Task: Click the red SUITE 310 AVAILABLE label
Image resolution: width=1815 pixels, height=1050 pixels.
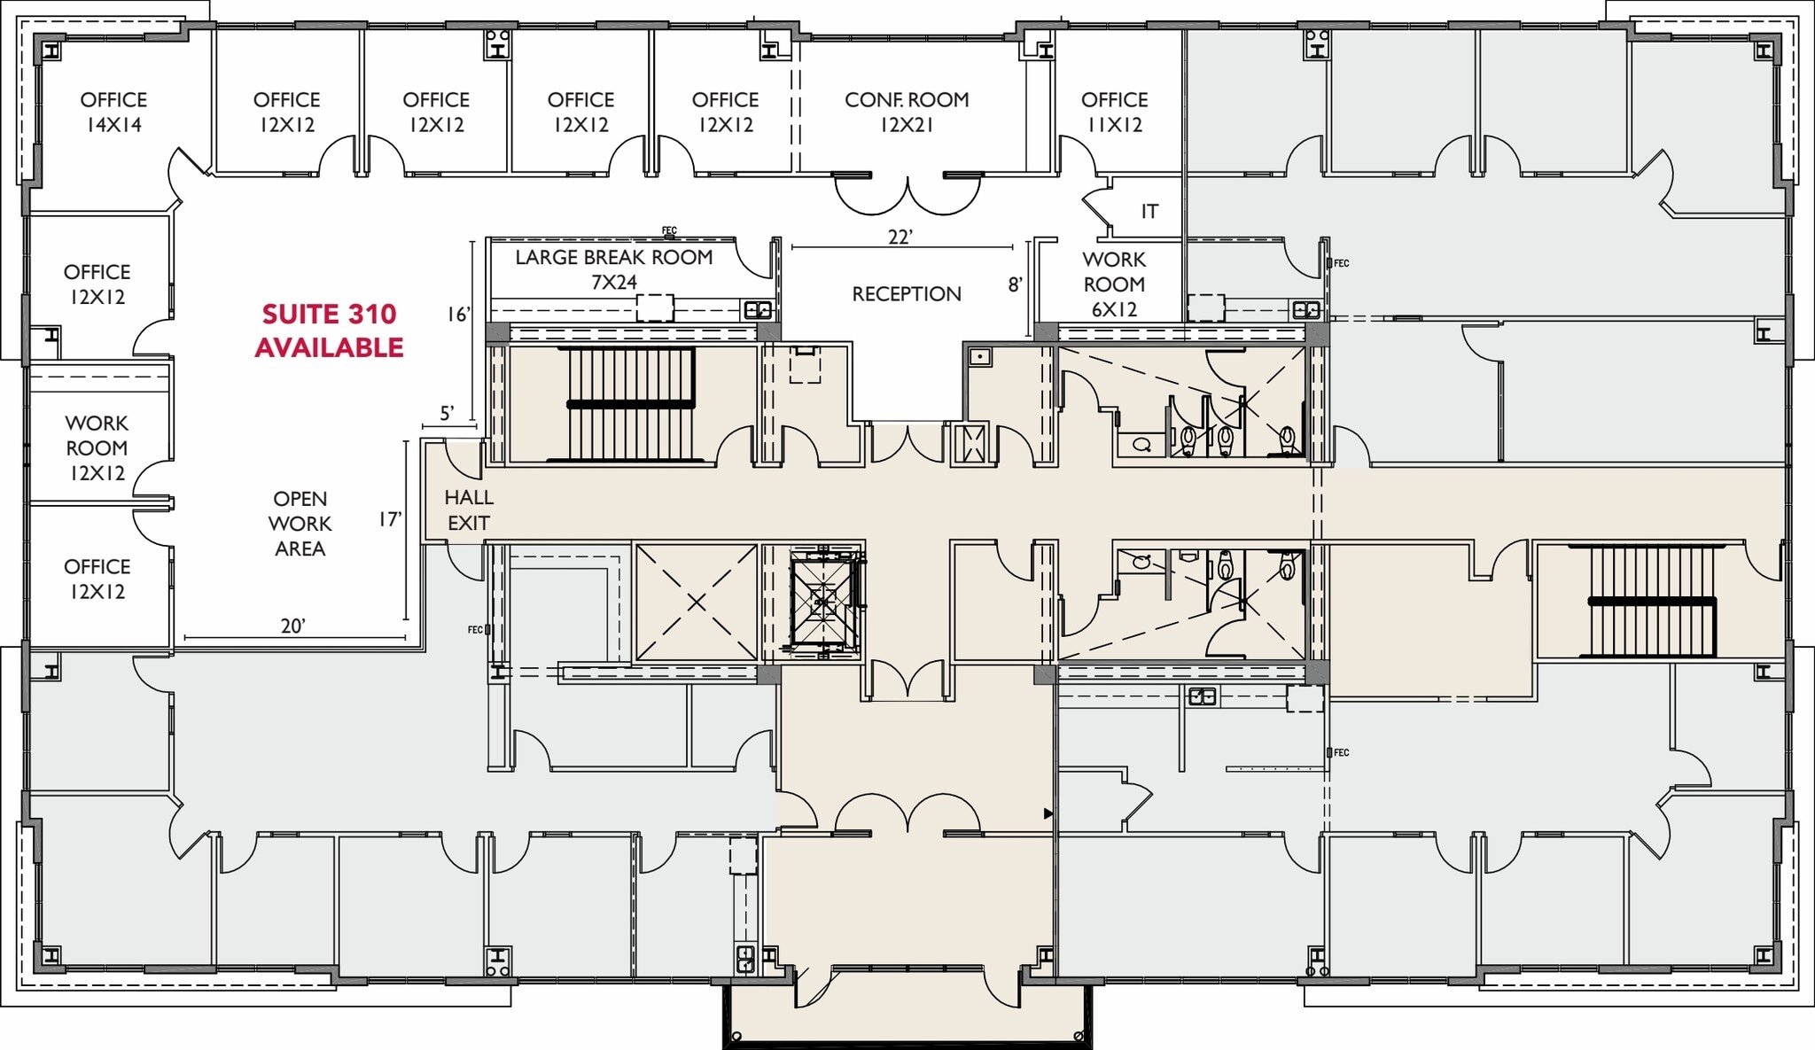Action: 329,331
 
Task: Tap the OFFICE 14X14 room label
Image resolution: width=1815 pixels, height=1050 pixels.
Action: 113,113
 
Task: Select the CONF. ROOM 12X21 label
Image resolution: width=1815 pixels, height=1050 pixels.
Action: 907,113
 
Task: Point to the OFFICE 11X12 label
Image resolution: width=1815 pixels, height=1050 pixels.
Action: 1114,113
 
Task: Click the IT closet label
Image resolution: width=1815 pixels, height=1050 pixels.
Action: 1149,211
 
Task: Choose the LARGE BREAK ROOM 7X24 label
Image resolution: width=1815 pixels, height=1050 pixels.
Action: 614,269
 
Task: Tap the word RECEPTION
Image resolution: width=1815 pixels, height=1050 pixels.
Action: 907,294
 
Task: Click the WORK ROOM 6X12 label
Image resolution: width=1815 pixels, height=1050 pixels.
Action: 1114,284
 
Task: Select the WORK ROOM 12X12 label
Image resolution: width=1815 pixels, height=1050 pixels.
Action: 97,448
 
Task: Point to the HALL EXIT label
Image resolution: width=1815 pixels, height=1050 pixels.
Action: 469,510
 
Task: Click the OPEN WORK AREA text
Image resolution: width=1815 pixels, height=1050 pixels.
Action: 300,524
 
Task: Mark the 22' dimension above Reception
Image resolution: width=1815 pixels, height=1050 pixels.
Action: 900,237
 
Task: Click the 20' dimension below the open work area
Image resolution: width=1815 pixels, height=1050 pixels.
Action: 293,626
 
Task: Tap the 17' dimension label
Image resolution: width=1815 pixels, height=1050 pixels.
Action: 391,519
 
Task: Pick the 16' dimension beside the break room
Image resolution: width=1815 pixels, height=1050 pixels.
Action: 458,315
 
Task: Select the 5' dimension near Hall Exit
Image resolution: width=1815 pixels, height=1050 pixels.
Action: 448,413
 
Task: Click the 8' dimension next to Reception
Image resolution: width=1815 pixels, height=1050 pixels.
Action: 1016,284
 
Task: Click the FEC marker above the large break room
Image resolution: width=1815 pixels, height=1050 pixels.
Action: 669,231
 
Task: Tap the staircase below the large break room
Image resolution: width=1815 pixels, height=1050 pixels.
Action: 631,405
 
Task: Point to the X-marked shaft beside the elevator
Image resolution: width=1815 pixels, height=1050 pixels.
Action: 697,603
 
